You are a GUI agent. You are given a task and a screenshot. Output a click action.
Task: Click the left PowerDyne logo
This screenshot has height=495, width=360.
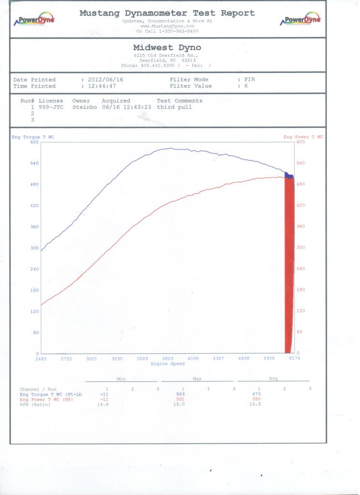tap(36, 20)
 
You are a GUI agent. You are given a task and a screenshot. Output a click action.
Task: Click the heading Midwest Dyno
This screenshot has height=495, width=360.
tap(166, 47)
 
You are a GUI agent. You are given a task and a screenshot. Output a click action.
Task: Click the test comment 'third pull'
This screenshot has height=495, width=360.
tap(174, 107)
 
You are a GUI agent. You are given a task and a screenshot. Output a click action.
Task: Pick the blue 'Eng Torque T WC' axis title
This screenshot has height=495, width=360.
tap(33, 137)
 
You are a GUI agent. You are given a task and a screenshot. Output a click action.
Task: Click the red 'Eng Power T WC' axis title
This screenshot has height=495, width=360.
tap(303, 137)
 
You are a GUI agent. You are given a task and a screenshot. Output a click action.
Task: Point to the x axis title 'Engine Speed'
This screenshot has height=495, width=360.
tap(167, 364)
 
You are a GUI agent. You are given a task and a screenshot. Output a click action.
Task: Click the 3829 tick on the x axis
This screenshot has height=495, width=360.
tap(167, 359)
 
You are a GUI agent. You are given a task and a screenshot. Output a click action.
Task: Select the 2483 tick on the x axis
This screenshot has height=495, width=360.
tap(41, 359)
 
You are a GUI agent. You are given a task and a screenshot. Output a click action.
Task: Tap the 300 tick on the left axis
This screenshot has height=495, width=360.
tap(34, 248)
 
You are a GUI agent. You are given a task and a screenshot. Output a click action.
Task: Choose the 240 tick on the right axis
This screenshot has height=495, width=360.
tap(300, 269)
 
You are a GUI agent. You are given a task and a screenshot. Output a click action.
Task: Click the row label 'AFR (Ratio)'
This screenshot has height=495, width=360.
tap(35, 405)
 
